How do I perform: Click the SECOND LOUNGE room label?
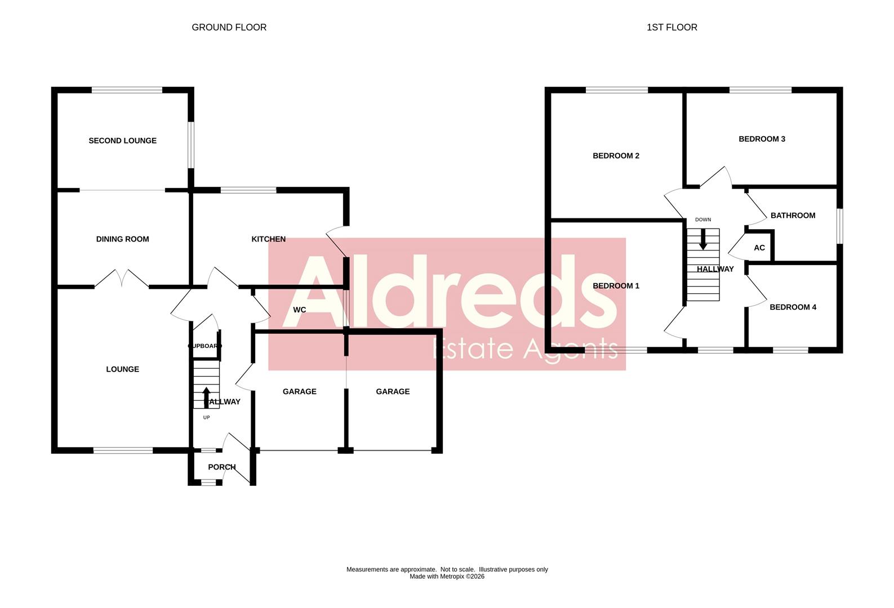(122, 141)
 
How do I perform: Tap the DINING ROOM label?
(122, 239)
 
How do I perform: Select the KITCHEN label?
(268, 239)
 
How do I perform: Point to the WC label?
(299, 310)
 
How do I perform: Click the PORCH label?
(221, 467)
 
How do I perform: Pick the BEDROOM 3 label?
(762, 139)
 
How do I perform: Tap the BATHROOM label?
(793, 216)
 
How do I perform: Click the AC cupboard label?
(759, 248)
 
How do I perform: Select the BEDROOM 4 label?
(793, 307)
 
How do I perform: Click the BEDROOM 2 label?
(616, 156)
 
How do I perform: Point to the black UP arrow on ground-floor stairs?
(206, 396)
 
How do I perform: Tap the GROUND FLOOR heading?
(229, 28)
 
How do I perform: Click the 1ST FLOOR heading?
(671, 28)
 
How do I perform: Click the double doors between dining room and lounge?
(122, 279)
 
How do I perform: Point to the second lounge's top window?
(127, 90)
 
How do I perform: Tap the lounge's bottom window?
(123, 450)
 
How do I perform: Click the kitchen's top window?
(248, 190)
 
